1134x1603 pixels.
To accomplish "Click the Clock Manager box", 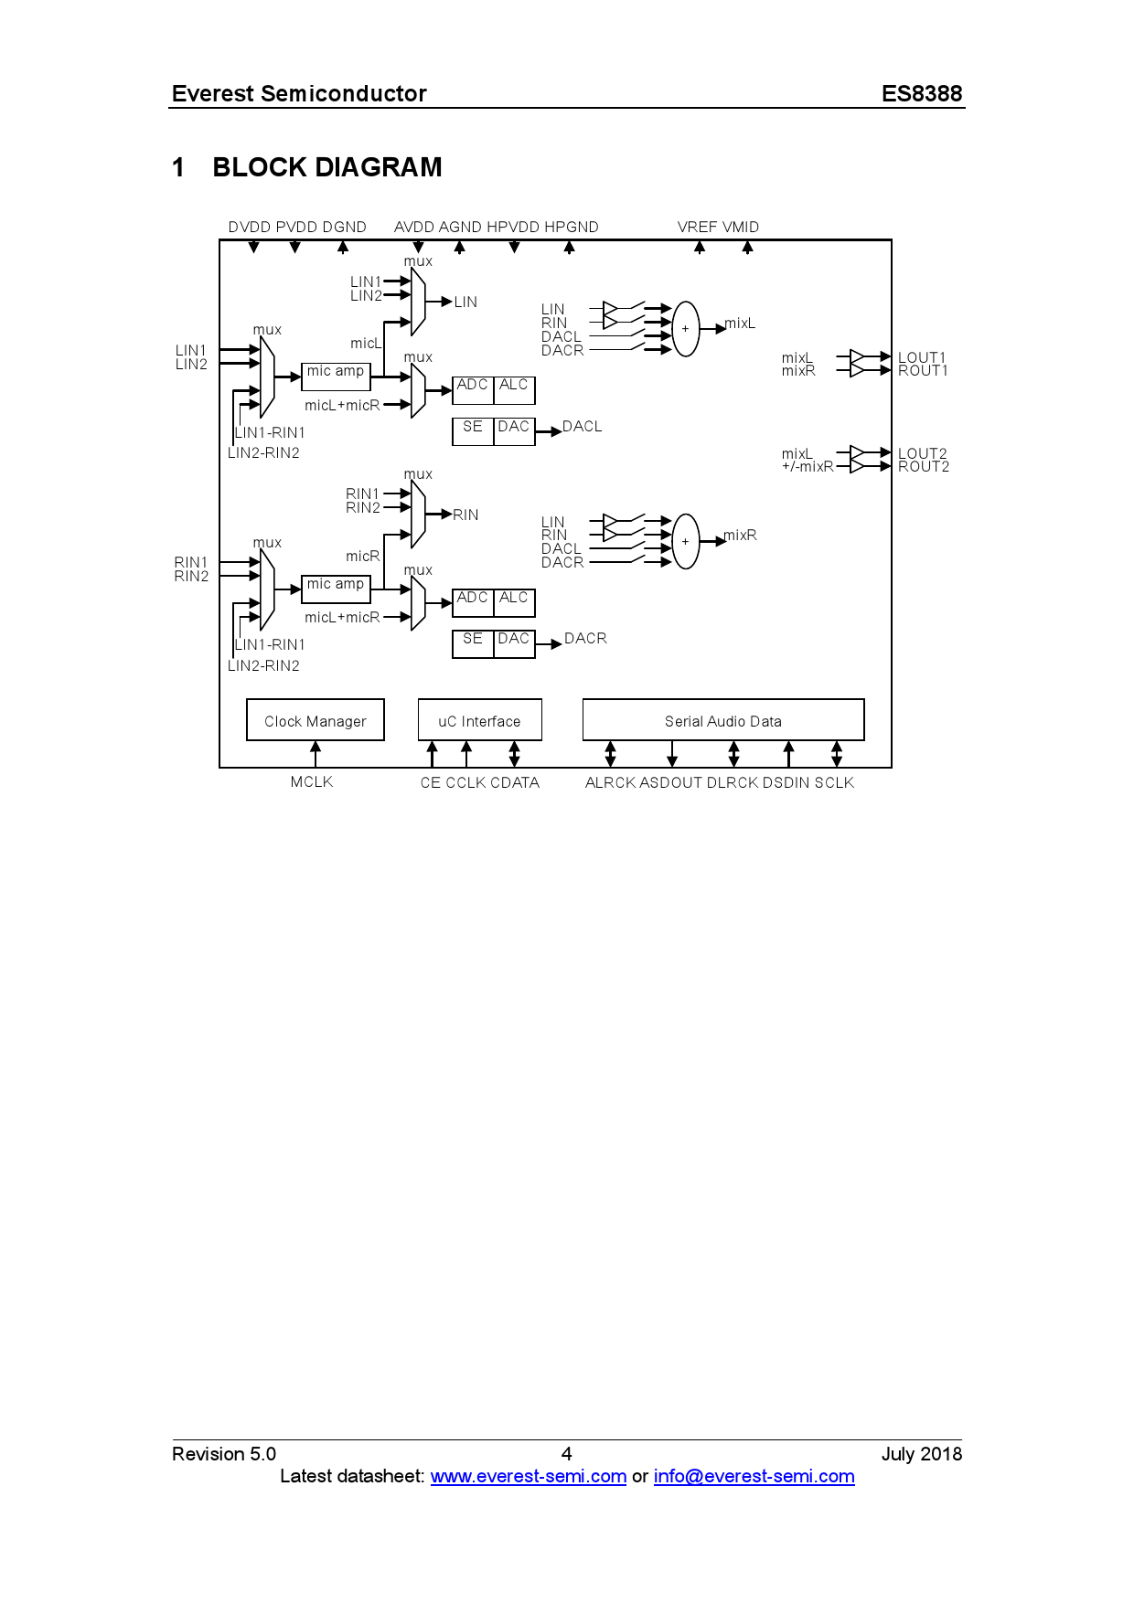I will click(315, 720).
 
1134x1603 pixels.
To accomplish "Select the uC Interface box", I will click(479, 720).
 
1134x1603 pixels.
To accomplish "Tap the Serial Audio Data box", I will click(722, 720).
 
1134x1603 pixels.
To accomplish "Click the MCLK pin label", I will click(312, 781).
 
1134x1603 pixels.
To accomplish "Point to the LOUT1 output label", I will click(922, 357).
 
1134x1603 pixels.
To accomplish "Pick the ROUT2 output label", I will click(924, 467).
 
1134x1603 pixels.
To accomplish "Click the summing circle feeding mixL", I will click(685, 329).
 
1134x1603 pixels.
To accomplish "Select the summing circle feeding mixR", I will click(685, 541).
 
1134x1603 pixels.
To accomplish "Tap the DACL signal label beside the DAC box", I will click(583, 427).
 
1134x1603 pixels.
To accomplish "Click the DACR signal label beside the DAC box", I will click(585, 639).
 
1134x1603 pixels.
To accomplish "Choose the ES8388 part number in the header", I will click(922, 93).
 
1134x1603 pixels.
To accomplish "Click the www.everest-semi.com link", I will click(528, 1476).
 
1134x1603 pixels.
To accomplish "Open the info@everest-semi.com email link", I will click(754, 1476).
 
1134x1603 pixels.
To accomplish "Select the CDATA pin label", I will click(515, 782).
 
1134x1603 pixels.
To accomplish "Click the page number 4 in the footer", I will click(567, 1453).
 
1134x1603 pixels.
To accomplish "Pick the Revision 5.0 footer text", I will click(224, 1453).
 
